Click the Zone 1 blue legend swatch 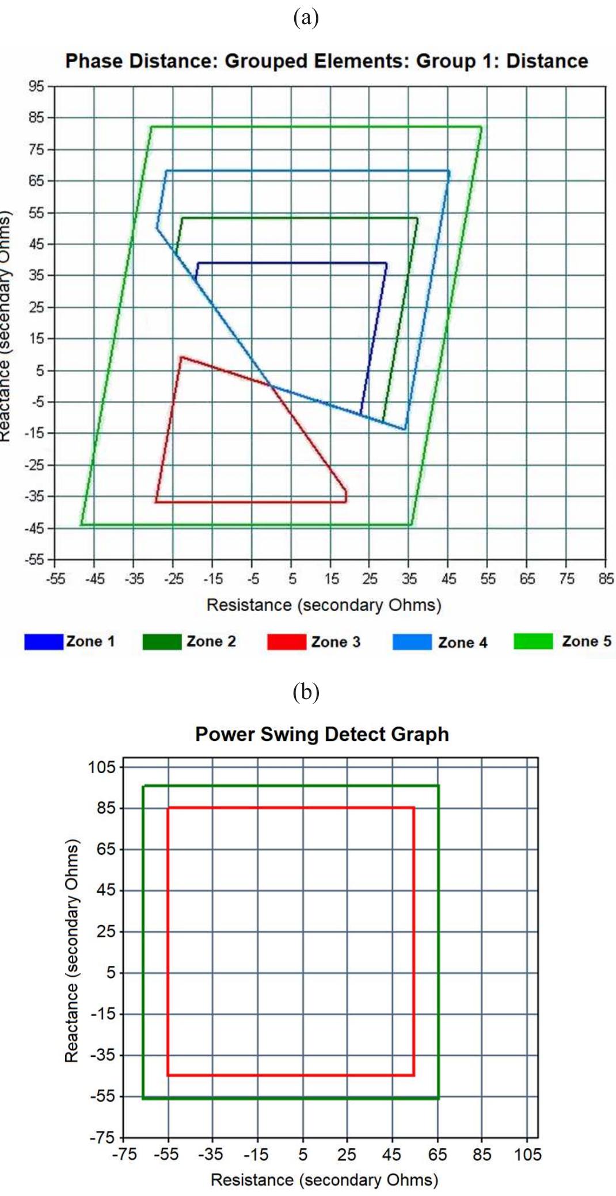click(43, 641)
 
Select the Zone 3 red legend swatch click(286, 641)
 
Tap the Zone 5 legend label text click(586, 641)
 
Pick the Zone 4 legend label click(462, 642)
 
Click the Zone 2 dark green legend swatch click(162, 641)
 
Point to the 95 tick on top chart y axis click(36, 86)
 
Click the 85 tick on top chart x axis click(606, 578)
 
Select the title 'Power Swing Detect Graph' click(322, 735)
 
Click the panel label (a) click(306, 17)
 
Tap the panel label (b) click(306, 691)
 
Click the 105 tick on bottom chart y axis click(102, 767)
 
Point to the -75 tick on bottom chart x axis click(124, 1154)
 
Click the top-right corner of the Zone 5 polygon click(481, 127)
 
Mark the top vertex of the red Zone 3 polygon click(181, 357)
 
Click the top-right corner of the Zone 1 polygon click(386, 263)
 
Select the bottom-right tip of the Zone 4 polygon click(405, 429)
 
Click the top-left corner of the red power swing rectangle click(168, 808)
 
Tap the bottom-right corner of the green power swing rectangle click(438, 1098)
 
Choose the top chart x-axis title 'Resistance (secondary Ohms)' click(324, 605)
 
